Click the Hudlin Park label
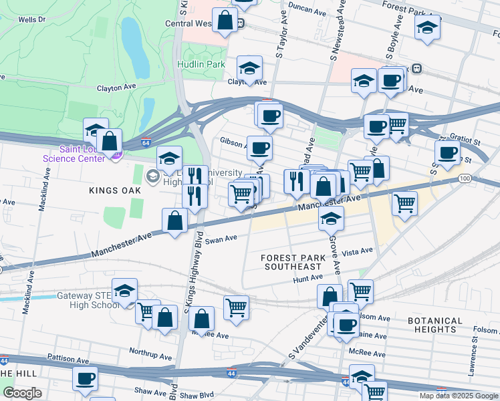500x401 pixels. pyautogui.click(x=201, y=63)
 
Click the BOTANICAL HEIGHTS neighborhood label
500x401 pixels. pyautogui.click(x=434, y=325)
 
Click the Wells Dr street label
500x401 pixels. pyautogui.click(x=31, y=20)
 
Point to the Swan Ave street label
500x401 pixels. pyautogui.click(x=221, y=239)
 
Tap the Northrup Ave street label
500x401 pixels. pyautogui.click(x=146, y=352)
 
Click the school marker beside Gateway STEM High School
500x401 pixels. pyautogui.click(x=124, y=291)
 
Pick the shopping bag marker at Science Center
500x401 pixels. pyautogui.click(x=109, y=140)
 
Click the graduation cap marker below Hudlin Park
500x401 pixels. pyautogui.click(x=249, y=68)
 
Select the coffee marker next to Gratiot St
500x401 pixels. pyautogui.click(x=447, y=152)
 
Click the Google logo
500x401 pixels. pyautogui.click(x=22, y=393)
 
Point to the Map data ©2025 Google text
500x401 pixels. pyautogui.click(x=459, y=396)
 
